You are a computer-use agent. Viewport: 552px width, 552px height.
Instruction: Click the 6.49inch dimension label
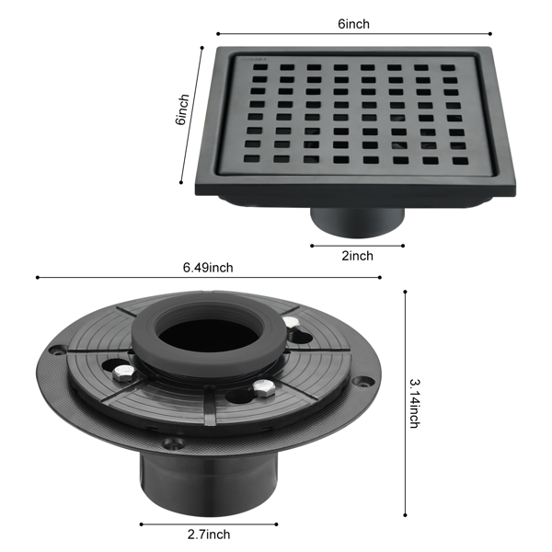point(208,268)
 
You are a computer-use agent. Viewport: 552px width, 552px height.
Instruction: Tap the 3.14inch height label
point(415,404)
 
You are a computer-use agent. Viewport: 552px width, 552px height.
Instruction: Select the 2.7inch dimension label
point(209,534)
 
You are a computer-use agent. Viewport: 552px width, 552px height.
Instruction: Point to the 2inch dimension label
point(357,256)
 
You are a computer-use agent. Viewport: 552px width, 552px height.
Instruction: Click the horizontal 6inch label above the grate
point(354,24)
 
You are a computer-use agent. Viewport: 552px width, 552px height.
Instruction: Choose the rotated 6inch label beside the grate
point(182,109)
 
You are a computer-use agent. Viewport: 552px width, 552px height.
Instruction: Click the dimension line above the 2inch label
point(357,246)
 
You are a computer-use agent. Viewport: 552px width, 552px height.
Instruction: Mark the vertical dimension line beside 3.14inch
point(405,404)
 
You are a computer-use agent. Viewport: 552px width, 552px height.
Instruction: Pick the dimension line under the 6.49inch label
point(209,278)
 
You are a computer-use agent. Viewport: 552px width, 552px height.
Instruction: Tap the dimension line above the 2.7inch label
point(209,524)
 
